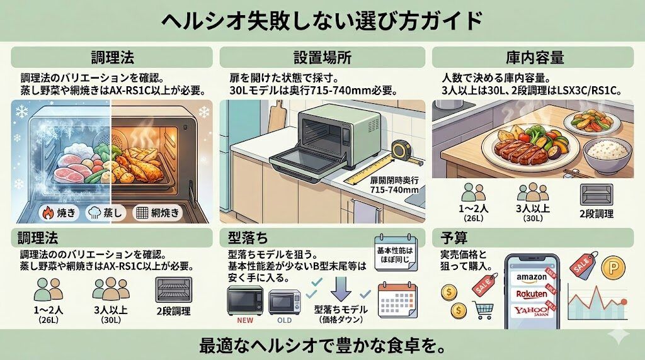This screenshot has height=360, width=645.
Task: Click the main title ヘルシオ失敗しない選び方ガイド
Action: pos(322,21)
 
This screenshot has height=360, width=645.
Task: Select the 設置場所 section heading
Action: pos(322,58)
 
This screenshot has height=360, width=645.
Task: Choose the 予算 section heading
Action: pos(451,238)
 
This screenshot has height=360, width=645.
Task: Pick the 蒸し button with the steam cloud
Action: pos(102,213)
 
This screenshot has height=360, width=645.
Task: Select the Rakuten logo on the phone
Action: pos(532,294)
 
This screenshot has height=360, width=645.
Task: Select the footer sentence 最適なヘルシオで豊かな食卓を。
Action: pos(322,345)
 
